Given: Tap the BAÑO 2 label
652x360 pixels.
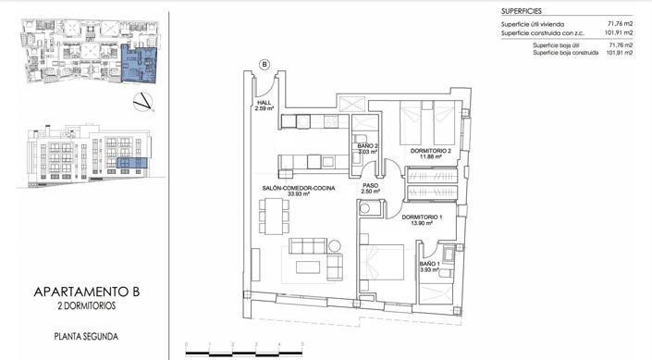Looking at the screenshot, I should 367,146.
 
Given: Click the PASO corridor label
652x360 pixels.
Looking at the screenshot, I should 370,185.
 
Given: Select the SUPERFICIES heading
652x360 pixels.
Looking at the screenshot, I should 523,9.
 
